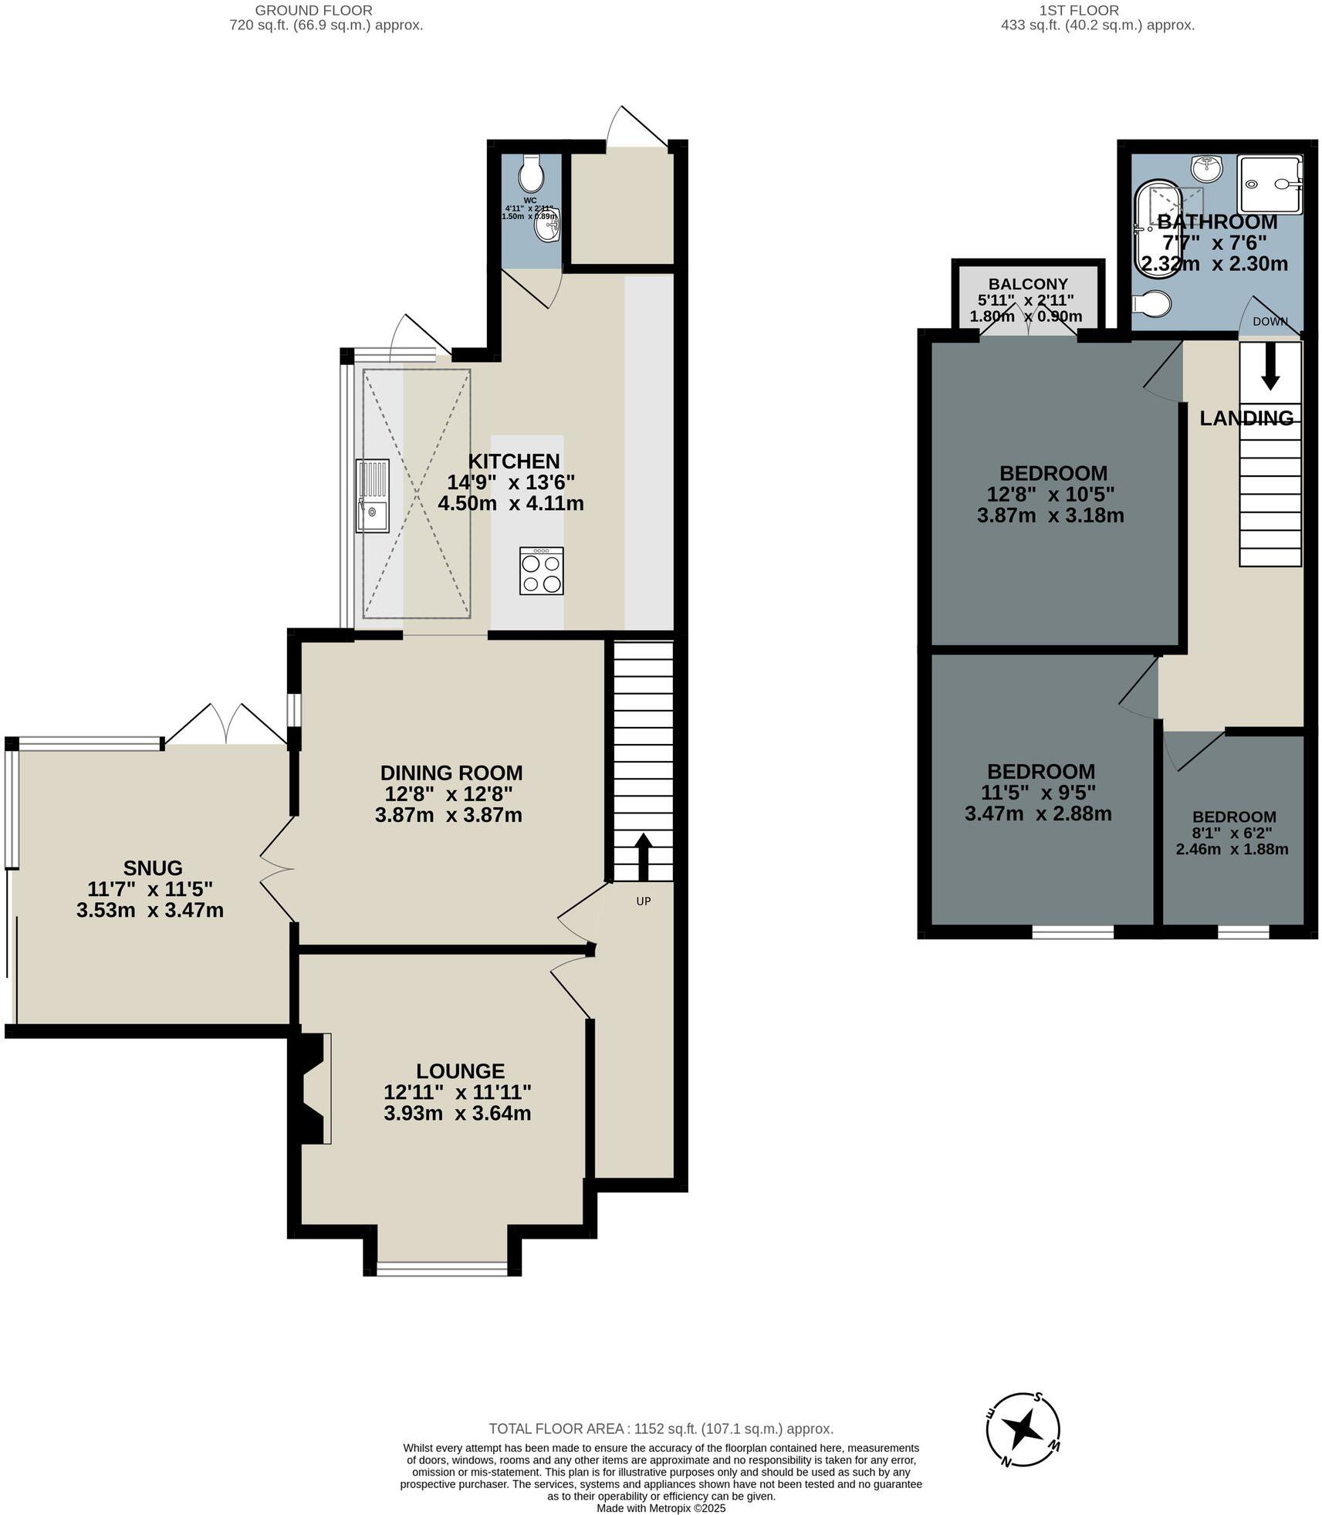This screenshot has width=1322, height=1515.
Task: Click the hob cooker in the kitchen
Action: (541, 570)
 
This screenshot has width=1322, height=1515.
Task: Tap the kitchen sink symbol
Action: (372, 495)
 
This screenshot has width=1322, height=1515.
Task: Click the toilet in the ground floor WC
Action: (531, 174)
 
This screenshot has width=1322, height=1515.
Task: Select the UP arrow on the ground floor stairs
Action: (643, 856)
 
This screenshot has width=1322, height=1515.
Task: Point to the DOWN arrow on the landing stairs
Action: (1270, 368)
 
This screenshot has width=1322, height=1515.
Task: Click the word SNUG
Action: (153, 867)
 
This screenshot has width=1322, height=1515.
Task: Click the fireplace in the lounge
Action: (314, 1088)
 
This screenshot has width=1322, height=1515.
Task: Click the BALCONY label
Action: (1028, 283)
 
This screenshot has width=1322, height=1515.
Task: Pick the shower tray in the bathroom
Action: (1270, 184)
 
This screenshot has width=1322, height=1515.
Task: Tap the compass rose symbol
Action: (1023, 1430)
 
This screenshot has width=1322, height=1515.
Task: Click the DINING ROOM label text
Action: (451, 773)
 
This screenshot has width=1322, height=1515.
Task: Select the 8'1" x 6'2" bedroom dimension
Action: (1232, 834)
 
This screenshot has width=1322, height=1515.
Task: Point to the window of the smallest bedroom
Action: (1243, 932)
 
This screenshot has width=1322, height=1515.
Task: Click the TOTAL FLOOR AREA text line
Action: (661, 1429)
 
